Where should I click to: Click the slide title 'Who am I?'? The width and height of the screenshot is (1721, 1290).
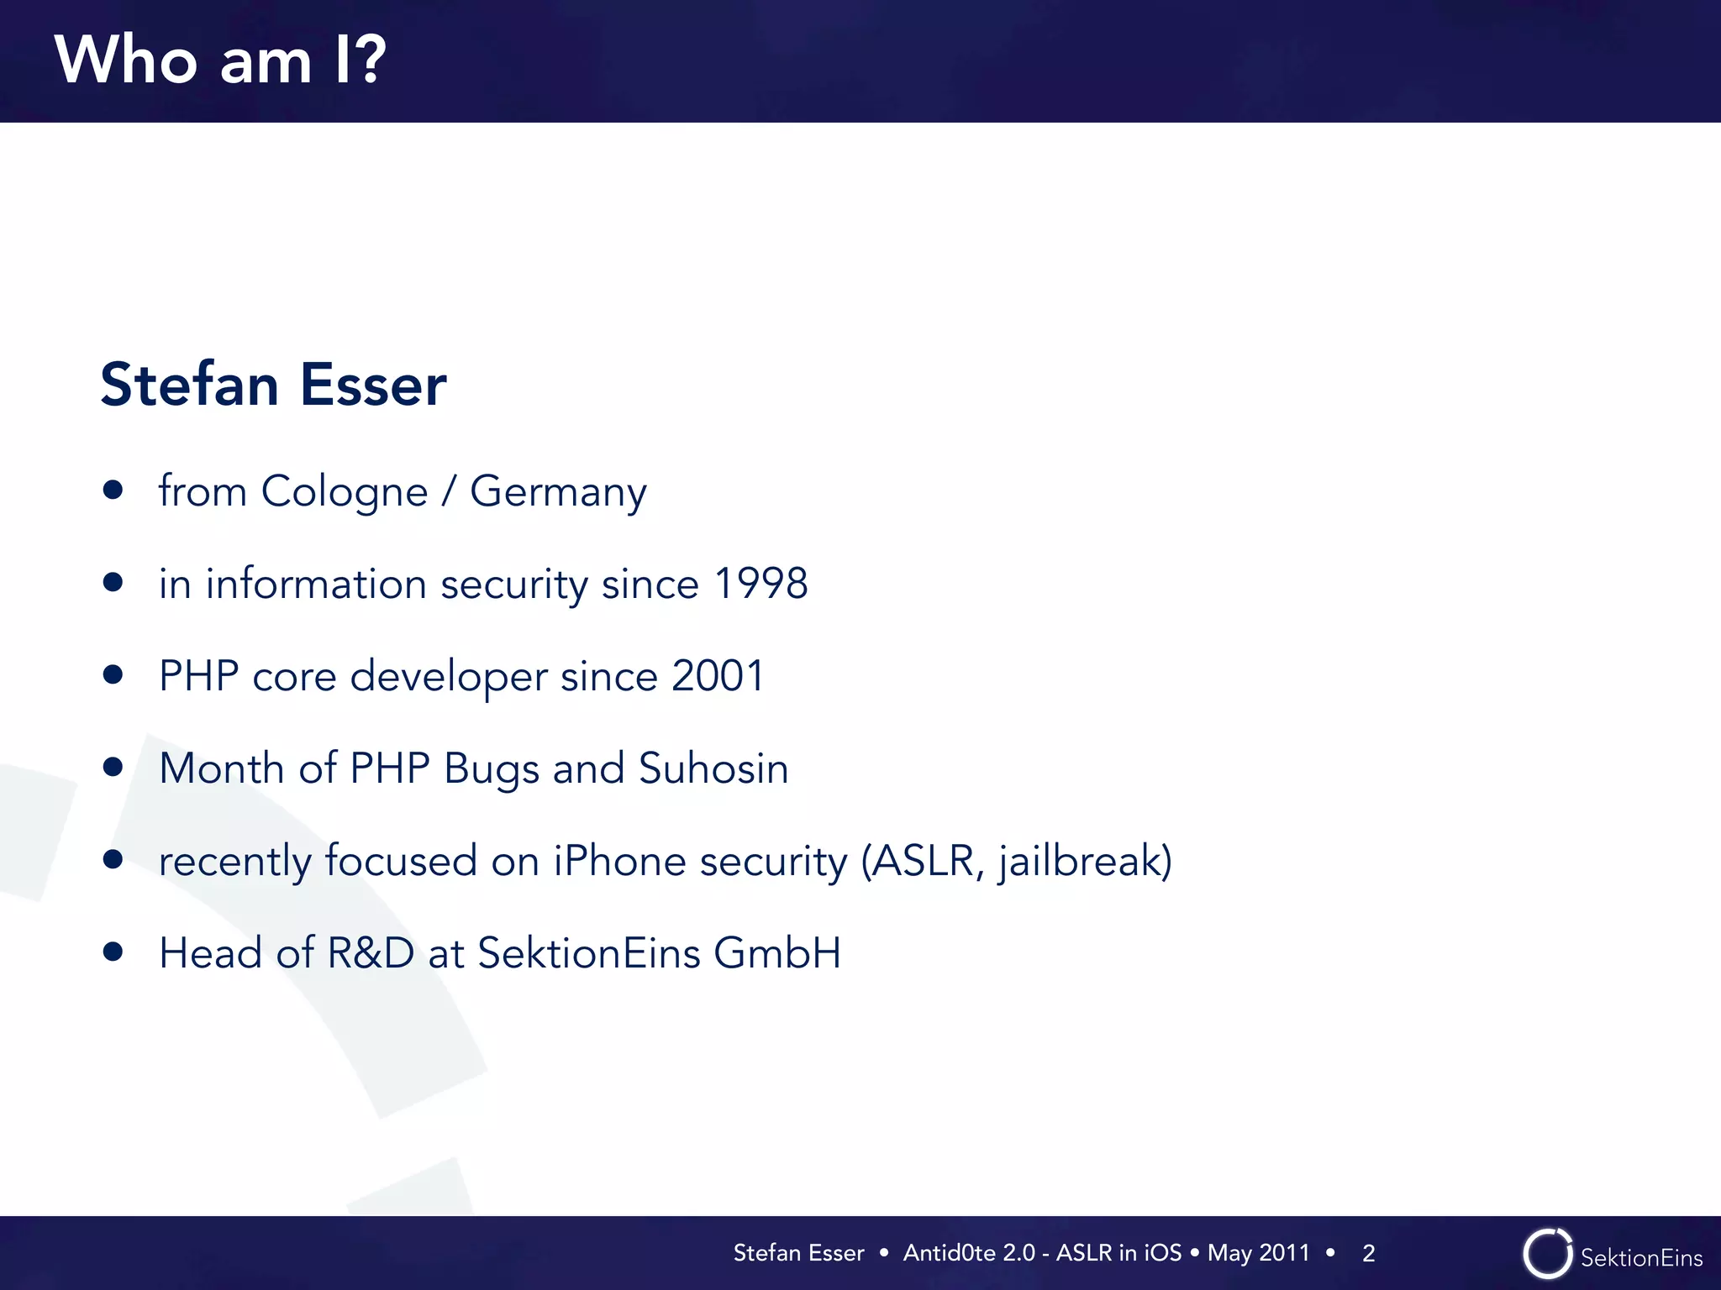pos(220,60)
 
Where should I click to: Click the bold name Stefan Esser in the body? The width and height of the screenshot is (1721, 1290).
pos(273,385)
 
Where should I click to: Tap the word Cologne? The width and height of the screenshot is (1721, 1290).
pos(345,491)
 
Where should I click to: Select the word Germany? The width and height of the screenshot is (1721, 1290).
pos(558,491)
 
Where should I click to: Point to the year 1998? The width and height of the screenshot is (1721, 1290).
pos(761,584)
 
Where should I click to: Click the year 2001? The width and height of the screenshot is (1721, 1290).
pos(718,676)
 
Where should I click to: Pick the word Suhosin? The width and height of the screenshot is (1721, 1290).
pos(713,768)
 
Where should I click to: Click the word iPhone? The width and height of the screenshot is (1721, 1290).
pos(619,861)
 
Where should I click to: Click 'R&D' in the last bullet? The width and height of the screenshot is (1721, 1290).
pos(371,953)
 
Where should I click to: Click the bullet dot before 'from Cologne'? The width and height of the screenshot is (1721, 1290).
pos(113,490)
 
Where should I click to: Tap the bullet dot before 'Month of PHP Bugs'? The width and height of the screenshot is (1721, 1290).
pos(113,767)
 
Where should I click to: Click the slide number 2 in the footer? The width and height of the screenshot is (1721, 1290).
pos(1369,1253)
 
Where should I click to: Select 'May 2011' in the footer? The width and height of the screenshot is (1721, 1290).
pos(1258,1253)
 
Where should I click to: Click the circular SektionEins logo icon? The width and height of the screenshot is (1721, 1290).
pos(1547,1254)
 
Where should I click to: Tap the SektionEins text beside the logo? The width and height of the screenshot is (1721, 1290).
pos(1641,1258)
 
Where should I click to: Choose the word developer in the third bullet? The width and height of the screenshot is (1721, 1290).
pos(449,676)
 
